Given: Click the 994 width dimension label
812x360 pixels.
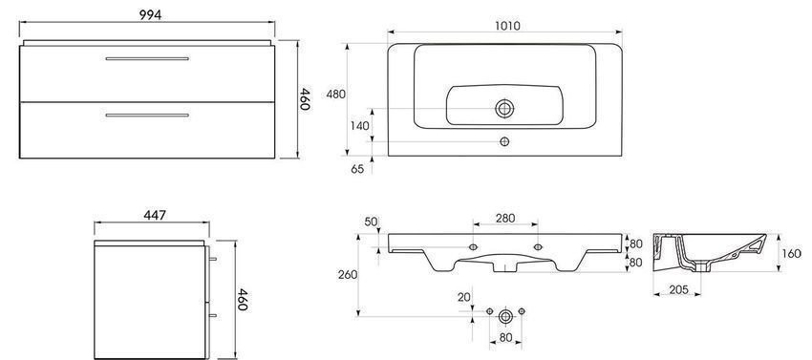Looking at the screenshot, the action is point(150,15).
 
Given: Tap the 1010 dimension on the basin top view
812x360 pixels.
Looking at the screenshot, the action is point(507,26).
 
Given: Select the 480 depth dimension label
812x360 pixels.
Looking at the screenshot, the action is point(336,95).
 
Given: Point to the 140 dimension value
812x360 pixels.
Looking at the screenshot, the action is point(359,125).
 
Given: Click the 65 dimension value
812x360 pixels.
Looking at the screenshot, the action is point(357,169).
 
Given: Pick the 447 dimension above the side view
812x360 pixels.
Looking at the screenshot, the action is point(155,215).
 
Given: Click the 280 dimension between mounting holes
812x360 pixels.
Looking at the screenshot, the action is point(505,218).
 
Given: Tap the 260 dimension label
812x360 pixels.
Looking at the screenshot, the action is point(348,274).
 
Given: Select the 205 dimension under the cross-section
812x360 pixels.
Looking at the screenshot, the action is point(678,290).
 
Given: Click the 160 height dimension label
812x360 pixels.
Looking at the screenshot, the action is point(791,254).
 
